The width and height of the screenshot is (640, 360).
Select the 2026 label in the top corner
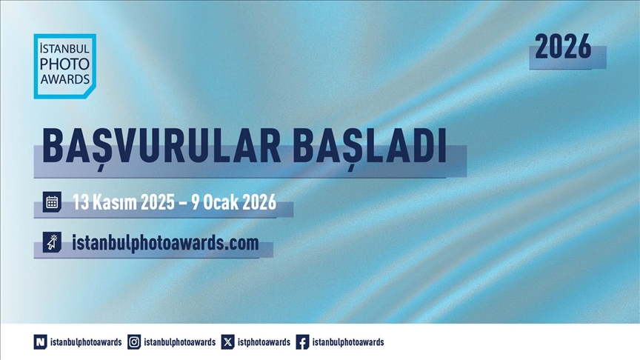point(563,48)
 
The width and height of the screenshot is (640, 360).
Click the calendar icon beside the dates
point(52,201)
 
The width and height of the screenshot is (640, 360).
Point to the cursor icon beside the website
point(52,242)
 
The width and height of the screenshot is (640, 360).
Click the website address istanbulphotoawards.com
point(165,242)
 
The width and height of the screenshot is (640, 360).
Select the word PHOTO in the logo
point(65,64)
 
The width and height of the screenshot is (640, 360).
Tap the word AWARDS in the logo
point(65,79)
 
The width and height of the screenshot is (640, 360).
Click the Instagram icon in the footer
point(134,341)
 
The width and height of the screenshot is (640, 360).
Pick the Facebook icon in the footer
point(302,341)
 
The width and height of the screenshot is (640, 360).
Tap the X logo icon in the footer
point(227,341)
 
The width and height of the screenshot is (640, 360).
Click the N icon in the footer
point(40,341)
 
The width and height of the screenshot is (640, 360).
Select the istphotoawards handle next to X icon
point(264,341)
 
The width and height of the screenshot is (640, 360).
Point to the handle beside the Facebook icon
point(348,341)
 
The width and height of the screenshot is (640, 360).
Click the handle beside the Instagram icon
point(180,341)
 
